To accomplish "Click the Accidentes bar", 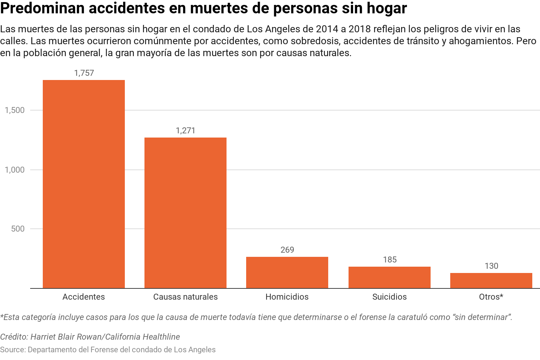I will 84,184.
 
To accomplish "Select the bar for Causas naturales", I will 185,213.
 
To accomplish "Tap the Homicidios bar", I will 287,273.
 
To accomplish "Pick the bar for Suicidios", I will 389,278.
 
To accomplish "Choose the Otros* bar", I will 491,281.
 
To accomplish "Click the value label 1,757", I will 84,73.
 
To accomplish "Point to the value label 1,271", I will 185,131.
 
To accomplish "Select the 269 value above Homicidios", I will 287,250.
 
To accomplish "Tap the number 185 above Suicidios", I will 390,260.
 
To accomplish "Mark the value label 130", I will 491,266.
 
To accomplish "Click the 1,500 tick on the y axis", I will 15,110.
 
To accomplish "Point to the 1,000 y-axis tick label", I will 15,170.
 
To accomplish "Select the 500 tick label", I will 18,229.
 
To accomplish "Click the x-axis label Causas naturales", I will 185,297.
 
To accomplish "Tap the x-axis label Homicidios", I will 287,297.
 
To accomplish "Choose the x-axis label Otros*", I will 491,297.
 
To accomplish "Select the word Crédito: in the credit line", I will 14,337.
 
